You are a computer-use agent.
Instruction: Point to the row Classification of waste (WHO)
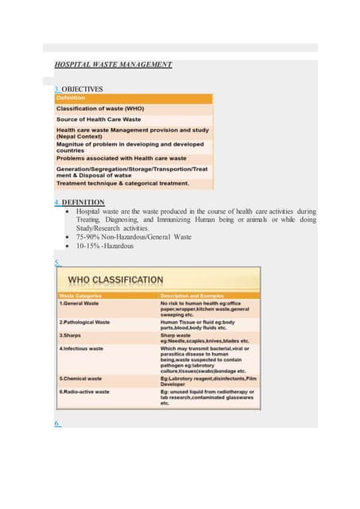[x=100, y=108]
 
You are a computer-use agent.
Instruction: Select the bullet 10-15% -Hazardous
[x=105, y=246]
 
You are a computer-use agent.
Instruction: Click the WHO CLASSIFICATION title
[x=116, y=280]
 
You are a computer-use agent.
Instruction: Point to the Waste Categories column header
[x=83, y=296]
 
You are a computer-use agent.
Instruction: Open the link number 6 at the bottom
[x=58, y=424]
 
